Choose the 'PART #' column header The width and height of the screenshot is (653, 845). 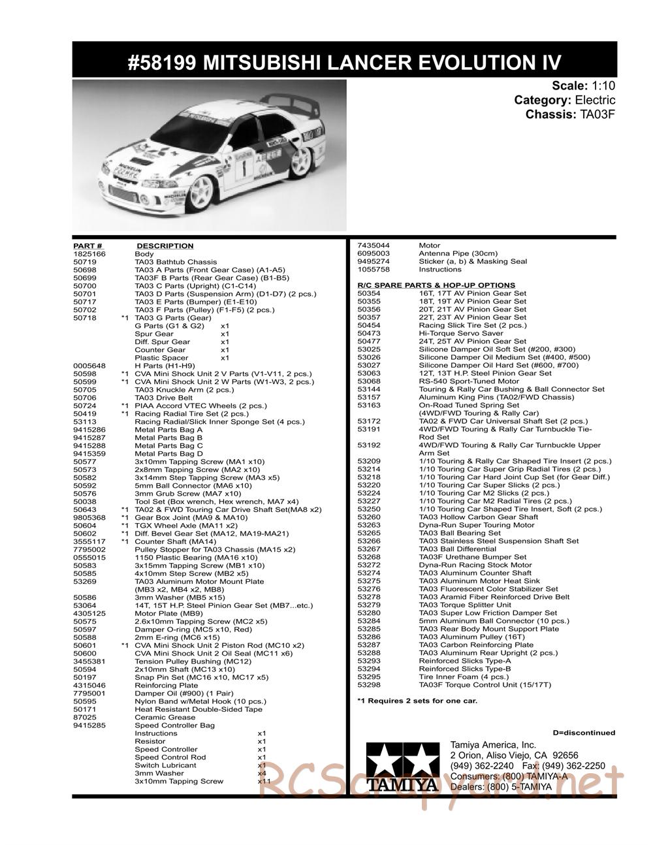(88, 246)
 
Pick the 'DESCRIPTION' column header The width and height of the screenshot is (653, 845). (165, 246)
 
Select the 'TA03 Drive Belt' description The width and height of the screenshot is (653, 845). (163, 398)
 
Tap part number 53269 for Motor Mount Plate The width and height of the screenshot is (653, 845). (86, 581)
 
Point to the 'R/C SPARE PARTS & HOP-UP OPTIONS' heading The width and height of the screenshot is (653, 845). (436, 285)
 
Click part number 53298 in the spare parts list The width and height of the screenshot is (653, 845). (369, 685)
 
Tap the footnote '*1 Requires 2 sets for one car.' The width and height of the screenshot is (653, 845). (417, 701)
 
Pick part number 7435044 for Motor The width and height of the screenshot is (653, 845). (373, 246)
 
